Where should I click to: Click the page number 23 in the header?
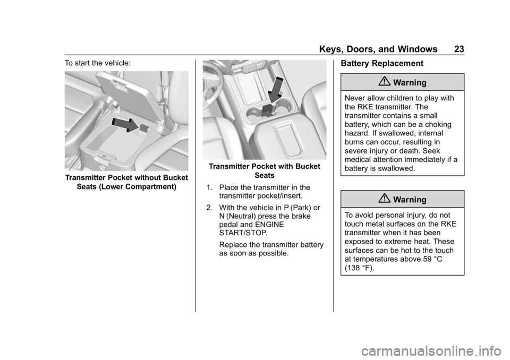pyautogui.click(x=459, y=49)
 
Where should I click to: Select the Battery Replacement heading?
pyautogui.click(x=382, y=63)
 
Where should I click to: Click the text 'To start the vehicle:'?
pyautogui.click(x=98, y=63)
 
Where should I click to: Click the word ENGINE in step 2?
pyautogui.click(x=270, y=225)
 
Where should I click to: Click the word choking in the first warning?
pyautogui.click(x=438, y=125)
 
